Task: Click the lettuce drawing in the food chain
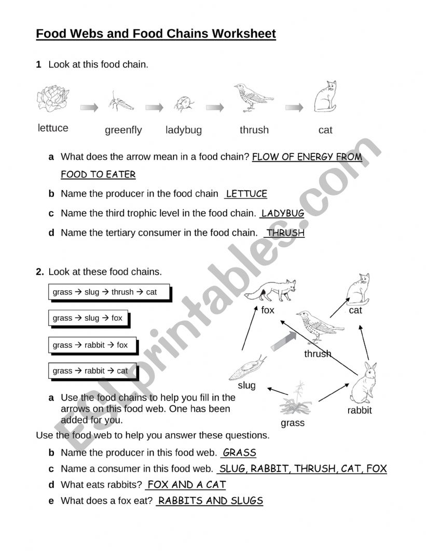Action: pyautogui.click(x=53, y=98)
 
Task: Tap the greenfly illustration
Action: pyautogui.click(x=120, y=102)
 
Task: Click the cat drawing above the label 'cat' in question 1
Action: pyautogui.click(x=326, y=97)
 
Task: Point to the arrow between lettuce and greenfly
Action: pyautogui.click(x=89, y=107)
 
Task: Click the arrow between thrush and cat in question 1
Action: pyautogui.click(x=294, y=107)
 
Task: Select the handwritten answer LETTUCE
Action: pyautogui.click(x=246, y=194)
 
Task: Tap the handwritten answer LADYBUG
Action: pyautogui.click(x=282, y=213)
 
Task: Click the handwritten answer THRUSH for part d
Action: pyautogui.click(x=285, y=233)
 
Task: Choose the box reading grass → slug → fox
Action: pyautogui.click(x=88, y=318)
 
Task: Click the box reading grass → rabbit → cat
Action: pyautogui.click(x=92, y=371)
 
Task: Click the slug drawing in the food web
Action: pyautogui.click(x=248, y=369)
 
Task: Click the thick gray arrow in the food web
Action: pyautogui.click(x=283, y=343)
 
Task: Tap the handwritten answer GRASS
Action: pyautogui.click(x=239, y=453)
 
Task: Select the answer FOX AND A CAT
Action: pyautogui.click(x=186, y=485)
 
